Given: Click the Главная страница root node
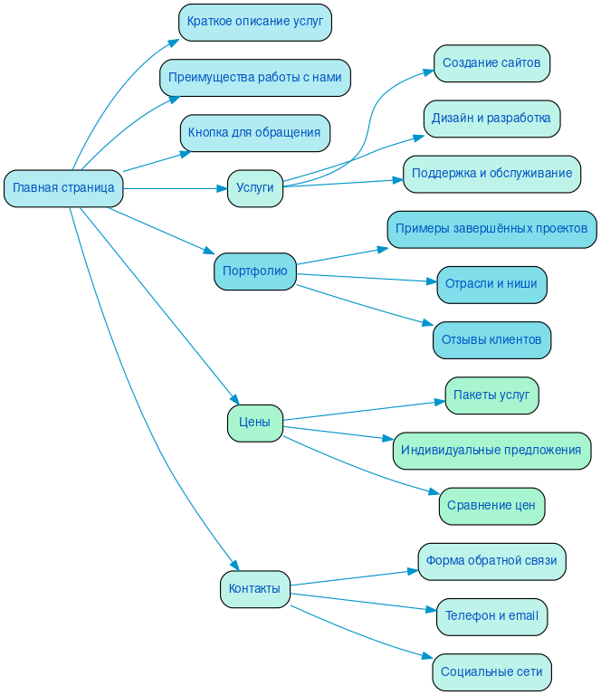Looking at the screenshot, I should point(63,188).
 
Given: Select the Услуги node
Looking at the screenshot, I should point(254,188).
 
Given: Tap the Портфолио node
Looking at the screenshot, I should point(254,271).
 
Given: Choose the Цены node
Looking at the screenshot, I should point(254,423).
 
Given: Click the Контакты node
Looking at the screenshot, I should point(254,589).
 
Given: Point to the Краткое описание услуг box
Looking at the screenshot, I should point(254,22).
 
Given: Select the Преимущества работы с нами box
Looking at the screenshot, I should point(254,78).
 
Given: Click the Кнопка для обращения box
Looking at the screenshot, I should point(254,133).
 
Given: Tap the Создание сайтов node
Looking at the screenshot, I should point(491,63).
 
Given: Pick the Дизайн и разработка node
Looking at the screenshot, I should point(491,119).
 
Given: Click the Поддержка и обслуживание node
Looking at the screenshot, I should point(491,174).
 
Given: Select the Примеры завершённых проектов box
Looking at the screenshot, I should point(491,229).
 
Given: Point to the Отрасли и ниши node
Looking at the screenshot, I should point(491,284).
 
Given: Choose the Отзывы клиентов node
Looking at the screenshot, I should point(491,340).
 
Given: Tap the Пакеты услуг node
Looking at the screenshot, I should point(491,395).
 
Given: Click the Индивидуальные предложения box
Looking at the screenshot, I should point(491,451).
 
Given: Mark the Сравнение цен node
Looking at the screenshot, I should point(491,506).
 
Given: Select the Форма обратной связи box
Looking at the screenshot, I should point(491,561).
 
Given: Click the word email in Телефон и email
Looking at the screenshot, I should point(522,616).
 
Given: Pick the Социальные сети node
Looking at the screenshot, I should point(491,672).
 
